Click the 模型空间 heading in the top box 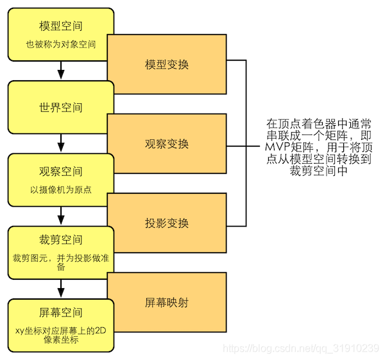pyautogui.click(x=60, y=27)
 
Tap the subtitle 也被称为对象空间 pyautogui.click(x=60, y=45)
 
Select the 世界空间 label pyautogui.click(x=60, y=107)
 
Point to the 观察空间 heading pyautogui.click(x=60, y=173)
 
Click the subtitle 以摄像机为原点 pyautogui.click(x=60, y=190)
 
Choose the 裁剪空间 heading pyautogui.click(x=60, y=239)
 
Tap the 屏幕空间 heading pyautogui.click(x=60, y=313)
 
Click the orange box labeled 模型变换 pyautogui.click(x=167, y=65)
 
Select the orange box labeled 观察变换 pyautogui.click(x=167, y=144)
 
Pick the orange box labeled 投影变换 pyautogui.click(x=167, y=223)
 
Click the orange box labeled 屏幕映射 pyautogui.click(x=167, y=302)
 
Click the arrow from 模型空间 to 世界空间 pyautogui.click(x=60, y=68)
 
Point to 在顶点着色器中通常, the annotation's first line pyautogui.click(x=318, y=123)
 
